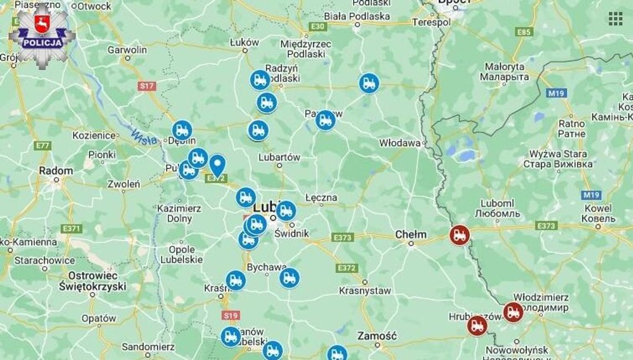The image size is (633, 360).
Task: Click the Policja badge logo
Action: (42, 35)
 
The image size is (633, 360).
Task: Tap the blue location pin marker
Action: (217, 166)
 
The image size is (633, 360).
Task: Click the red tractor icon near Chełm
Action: (459, 235)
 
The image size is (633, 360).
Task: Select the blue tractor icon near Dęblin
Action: (182, 131)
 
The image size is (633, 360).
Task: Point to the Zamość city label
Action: (377, 336)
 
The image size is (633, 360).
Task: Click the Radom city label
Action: (56, 171)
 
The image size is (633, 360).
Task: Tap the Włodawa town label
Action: (400, 143)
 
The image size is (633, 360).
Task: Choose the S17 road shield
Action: (147, 86)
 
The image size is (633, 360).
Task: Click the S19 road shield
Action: (230, 316)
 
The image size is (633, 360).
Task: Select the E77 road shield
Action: (42, 146)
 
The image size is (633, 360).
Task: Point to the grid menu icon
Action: (615, 19)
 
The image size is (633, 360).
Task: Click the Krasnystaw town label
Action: (365, 291)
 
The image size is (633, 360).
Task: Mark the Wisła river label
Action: (144, 137)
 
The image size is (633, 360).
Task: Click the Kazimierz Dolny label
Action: (178, 213)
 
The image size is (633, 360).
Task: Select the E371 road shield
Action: (72, 228)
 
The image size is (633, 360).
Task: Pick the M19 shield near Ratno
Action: (556, 93)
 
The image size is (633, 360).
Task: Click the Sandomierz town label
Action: (148, 347)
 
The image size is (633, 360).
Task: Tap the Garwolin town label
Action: (127, 49)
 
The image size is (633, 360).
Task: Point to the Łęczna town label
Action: (321, 197)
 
